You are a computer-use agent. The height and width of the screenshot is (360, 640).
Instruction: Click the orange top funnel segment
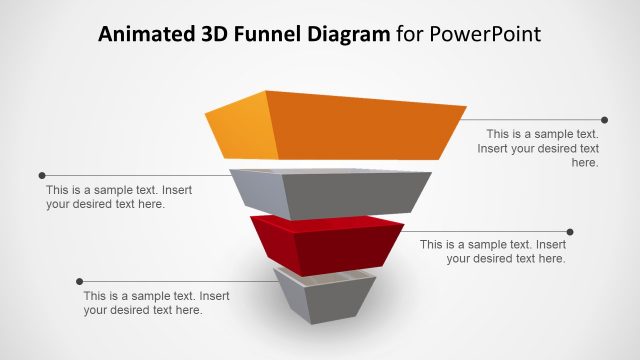[x=350, y=125]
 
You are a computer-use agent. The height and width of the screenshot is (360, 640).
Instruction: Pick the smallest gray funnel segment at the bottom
[x=326, y=300]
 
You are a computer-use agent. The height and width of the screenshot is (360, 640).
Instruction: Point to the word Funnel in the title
[x=264, y=35]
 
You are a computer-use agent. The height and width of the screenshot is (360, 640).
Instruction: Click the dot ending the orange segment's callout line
[x=604, y=120]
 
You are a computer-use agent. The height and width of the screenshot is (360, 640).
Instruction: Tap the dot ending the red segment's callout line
[x=570, y=231]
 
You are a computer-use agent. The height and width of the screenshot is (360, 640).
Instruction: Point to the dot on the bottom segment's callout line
[x=80, y=281]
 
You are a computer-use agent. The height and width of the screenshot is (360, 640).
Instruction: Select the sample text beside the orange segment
[x=541, y=147]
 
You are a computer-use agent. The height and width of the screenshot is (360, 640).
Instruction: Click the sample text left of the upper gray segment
[x=105, y=196]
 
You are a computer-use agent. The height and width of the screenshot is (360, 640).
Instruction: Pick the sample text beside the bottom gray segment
[x=143, y=303]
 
